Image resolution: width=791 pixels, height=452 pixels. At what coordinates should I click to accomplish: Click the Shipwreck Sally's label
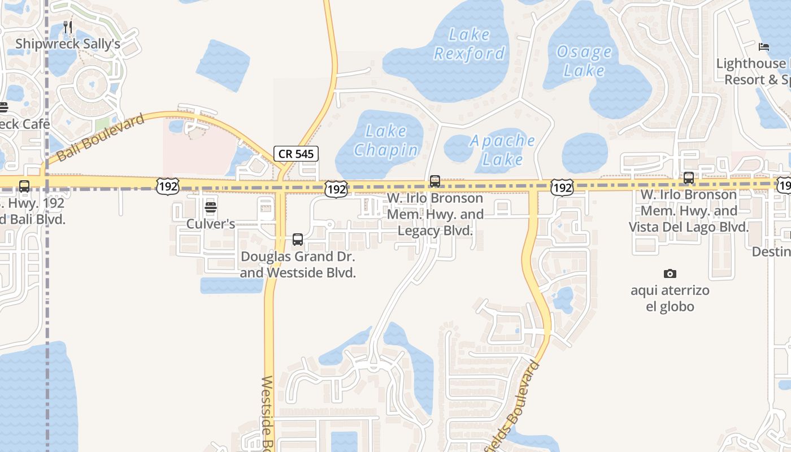pos(68,44)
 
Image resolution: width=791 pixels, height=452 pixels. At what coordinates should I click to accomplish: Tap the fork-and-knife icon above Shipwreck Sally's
pos(68,27)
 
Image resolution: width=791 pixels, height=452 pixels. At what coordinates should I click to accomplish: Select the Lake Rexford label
pos(469,44)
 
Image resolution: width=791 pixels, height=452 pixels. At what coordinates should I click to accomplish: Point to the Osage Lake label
pos(584,61)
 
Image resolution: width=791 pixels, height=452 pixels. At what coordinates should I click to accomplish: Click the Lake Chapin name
pos(386,140)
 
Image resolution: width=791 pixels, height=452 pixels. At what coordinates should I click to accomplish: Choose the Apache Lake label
pos(502,150)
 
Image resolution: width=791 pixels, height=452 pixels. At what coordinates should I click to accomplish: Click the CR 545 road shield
pos(296,153)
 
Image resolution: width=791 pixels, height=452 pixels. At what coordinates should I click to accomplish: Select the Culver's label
pos(211,224)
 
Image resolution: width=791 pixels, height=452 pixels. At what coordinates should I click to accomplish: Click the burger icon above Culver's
pos(211,207)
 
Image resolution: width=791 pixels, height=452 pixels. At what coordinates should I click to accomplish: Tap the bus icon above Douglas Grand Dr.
pos(298,240)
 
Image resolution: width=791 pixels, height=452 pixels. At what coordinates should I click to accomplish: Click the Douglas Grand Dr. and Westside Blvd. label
pos(298,264)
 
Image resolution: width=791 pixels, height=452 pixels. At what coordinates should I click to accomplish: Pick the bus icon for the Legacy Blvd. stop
pos(434,181)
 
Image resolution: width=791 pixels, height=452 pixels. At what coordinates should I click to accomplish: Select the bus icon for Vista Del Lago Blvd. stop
pos(688,178)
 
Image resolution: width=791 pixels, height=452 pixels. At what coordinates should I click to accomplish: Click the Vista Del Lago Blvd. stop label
pos(688,211)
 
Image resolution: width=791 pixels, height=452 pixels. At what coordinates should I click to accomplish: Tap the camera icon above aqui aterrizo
pos(670,274)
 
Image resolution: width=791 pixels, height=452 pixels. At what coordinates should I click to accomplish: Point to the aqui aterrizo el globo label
pos(670,298)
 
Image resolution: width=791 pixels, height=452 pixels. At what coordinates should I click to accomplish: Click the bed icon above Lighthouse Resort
pos(764,47)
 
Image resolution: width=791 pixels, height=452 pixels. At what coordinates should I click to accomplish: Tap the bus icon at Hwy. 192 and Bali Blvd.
pos(24,186)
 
